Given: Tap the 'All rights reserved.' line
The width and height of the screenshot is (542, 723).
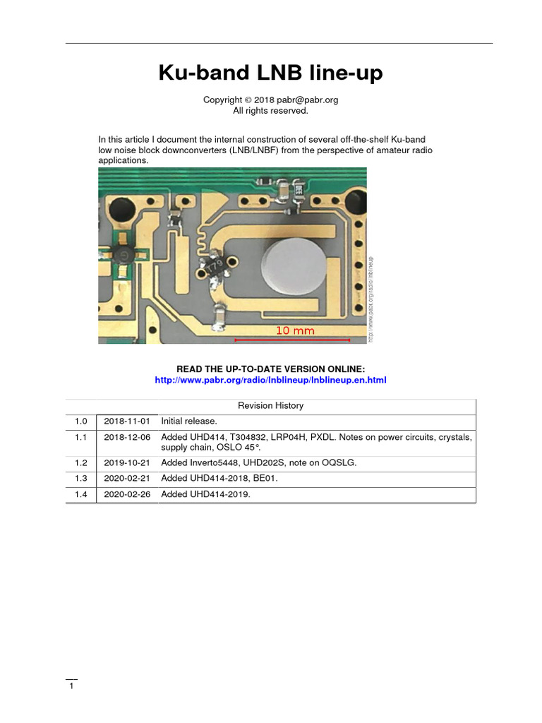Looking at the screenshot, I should click(270, 110).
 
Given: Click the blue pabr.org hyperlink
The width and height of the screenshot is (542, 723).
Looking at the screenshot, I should click(270, 380).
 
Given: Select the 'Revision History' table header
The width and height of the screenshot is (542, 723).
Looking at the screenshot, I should click(270, 405).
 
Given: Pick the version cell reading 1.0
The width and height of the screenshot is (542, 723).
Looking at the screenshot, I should click(80, 421).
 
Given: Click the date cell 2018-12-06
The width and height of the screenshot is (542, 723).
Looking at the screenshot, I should click(127, 437).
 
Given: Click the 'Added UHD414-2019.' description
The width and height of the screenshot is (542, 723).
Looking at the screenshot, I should click(205, 494).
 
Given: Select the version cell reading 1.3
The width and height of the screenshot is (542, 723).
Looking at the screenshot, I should click(80, 478).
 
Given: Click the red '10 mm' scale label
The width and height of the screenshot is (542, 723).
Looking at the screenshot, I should click(295, 330).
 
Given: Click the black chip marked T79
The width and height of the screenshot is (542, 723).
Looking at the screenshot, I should click(215, 266).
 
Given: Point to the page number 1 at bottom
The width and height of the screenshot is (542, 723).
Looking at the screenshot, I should click(71, 686).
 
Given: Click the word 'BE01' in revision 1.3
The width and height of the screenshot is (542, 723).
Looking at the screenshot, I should click(265, 478).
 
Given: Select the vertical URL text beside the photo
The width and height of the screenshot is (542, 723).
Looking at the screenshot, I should click(371, 298).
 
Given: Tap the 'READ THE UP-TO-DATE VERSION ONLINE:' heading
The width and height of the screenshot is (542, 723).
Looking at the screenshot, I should click(270, 369).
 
